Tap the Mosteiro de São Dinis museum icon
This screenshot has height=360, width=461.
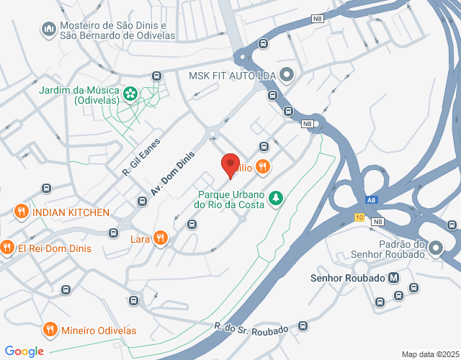point(49,28)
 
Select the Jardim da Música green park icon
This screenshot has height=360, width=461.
point(130,93)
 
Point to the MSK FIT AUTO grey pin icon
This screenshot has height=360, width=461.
point(287,75)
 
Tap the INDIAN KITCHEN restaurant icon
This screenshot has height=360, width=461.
point(21,212)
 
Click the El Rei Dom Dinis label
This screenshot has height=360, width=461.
point(55,248)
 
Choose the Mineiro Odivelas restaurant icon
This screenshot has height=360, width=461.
point(50,330)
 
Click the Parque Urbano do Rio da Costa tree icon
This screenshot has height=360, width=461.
point(274,197)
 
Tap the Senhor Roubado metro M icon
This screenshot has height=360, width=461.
point(393,277)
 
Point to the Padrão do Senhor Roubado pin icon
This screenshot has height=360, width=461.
point(435,249)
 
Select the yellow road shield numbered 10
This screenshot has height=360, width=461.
point(359,217)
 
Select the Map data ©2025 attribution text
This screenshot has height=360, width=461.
point(429,354)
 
